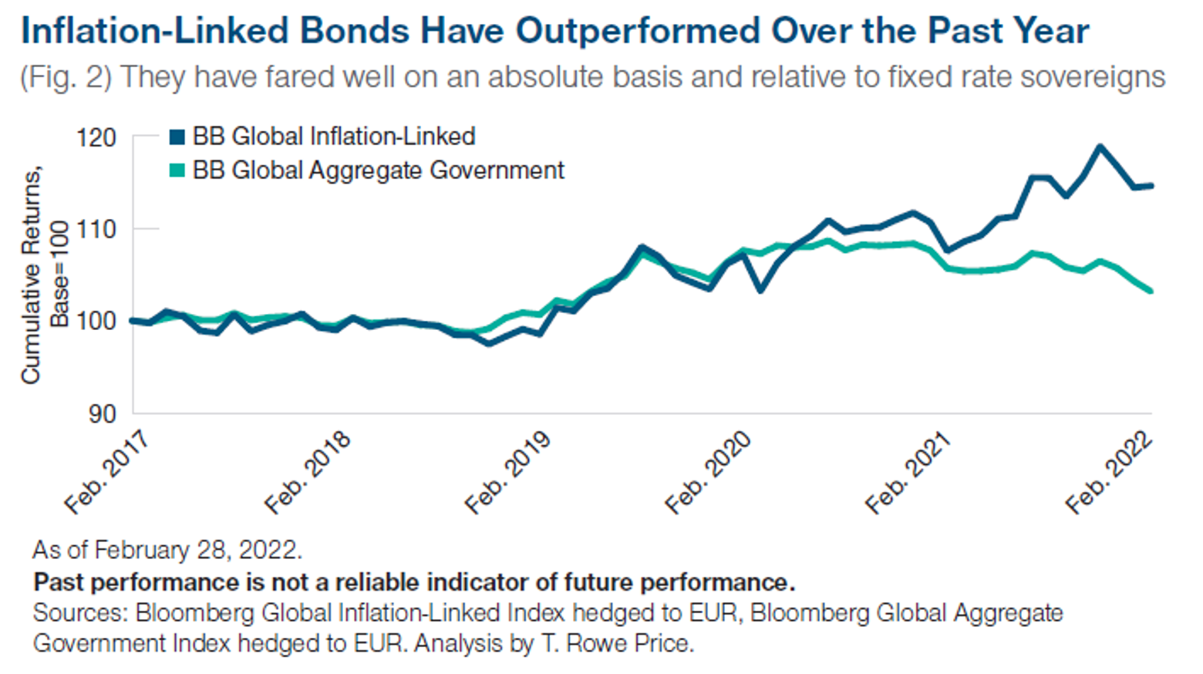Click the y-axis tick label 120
[x=96, y=138]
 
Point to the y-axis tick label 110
[x=96, y=229]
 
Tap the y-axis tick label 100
[x=96, y=321]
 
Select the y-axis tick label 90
[x=100, y=414]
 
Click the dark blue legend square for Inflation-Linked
[x=177, y=137]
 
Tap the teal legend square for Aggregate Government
[x=177, y=170]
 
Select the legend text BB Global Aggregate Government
[x=378, y=170]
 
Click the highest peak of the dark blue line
[x=1100, y=146]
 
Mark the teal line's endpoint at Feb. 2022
[x=1151, y=291]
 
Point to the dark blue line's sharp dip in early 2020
[x=760, y=290]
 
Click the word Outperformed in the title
[x=638, y=31]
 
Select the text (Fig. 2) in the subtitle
[x=66, y=77]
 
